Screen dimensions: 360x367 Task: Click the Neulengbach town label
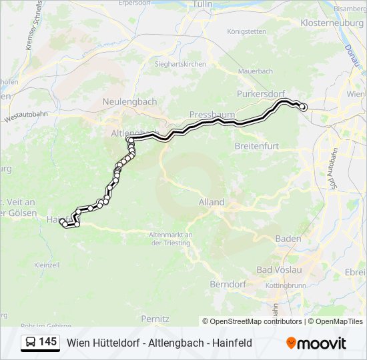pyautogui.click(x=129, y=101)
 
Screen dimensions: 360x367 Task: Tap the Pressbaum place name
pyautogui.click(x=208, y=115)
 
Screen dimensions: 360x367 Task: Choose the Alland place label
pyautogui.click(x=212, y=202)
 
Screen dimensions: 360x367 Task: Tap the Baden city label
pyautogui.click(x=288, y=238)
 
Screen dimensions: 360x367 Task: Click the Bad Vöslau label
pyautogui.click(x=280, y=269)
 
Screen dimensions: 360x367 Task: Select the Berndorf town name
pyautogui.click(x=228, y=284)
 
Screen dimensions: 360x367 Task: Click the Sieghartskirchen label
pyautogui.click(x=181, y=64)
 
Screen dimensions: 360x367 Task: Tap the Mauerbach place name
pyautogui.click(x=256, y=71)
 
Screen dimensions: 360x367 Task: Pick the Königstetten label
pyautogui.click(x=246, y=31)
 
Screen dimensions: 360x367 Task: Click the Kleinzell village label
pyautogui.click(x=46, y=265)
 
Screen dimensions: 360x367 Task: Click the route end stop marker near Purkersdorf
pyautogui.click(x=302, y=107)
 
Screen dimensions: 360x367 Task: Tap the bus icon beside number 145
pyautogui.click(x=31, y=343)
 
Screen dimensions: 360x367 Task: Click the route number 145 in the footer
pyautogui.click(x=47, y=342)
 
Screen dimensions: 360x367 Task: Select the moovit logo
pyautogui.click(x=316, y=343)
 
